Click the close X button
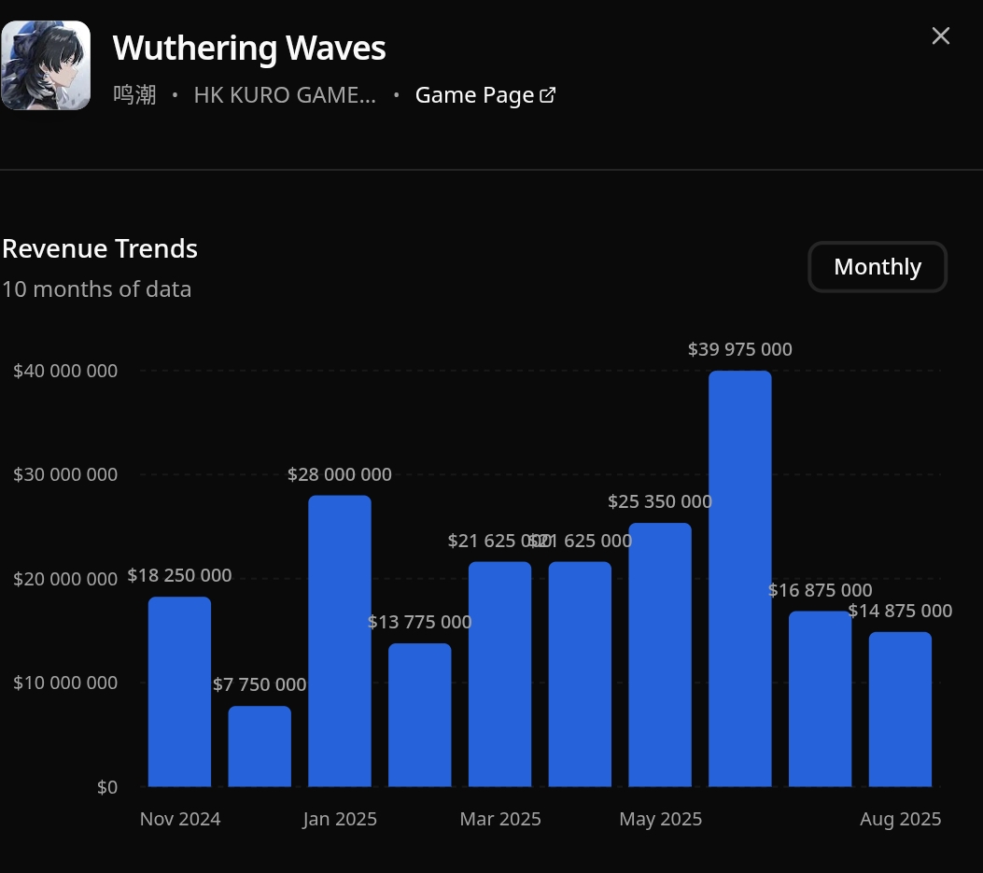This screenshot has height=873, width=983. (x=941, y=35)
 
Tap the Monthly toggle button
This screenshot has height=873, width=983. (x=878, y=267)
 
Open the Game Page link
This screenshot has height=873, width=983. (x=485, y=95)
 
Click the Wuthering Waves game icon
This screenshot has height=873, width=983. (x=46, y=65)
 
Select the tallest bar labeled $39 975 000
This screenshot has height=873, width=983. (x=739, y=579)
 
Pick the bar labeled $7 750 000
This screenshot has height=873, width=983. (x=260, y=746)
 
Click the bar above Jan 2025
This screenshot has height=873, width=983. (x=340, y=641)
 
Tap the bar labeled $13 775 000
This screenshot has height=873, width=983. (x=420, y=714)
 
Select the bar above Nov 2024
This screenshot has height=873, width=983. (x=179, y=691)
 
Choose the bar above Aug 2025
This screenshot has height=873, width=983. (x=900, y=709)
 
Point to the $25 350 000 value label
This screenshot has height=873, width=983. (x=659, y=501)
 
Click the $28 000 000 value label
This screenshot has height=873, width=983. (x=340, y=474)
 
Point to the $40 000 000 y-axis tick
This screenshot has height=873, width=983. (x=65, y=371)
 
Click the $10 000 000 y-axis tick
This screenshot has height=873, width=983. (x=65, y=683)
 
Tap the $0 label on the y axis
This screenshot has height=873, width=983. (x=107, y=787)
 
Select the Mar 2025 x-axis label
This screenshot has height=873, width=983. (x=500, y=819)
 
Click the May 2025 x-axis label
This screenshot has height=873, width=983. (x=660, y=819)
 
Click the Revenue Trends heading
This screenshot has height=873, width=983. (x=100, y=248)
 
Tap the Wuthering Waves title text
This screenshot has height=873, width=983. (x=249, y=48)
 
